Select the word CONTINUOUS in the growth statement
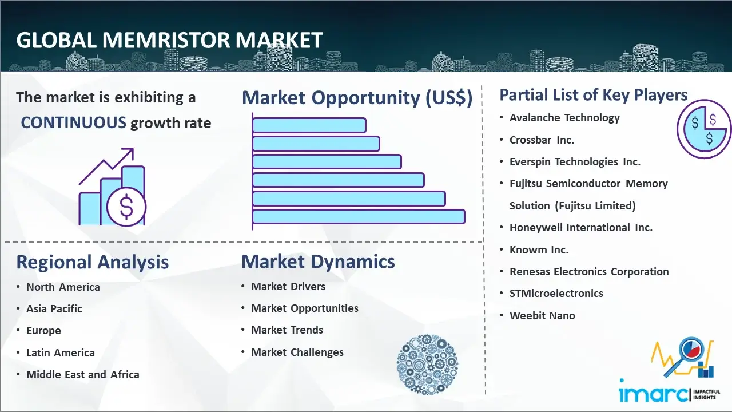[74, 123]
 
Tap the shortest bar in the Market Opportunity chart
[309, 125]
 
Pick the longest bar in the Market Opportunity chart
[359, 217]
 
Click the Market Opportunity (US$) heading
[357, 98]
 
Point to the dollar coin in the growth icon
[126, 207]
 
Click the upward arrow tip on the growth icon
[133, 149]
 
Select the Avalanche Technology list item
[564, 118]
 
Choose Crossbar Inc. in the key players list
[542, 140]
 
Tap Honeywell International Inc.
[580, 228]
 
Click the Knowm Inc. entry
[539, 250]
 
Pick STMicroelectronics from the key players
[556, 294]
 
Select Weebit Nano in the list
[542, 315]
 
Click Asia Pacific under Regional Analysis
[54, 308]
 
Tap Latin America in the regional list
[61, 353]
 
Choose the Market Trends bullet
[287, 330]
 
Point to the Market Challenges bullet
[297, 352]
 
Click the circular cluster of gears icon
[427, 365]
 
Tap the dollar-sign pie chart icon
[704, 129]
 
